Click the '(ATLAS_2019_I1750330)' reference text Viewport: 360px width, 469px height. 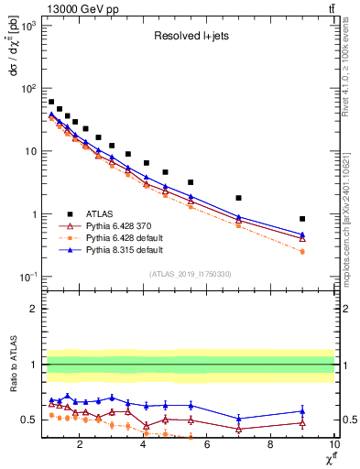pos(190,274)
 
